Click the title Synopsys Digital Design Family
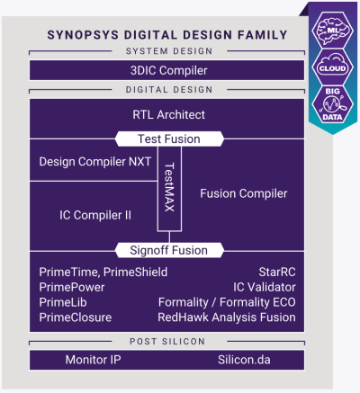coord(166,35)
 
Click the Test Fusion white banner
coord(168,139)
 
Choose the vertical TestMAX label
coord(168,193)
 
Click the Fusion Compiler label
coord(244,193)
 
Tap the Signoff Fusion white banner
coord(168,249)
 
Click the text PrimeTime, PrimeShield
coord(103,272)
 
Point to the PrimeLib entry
coord(63,302)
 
